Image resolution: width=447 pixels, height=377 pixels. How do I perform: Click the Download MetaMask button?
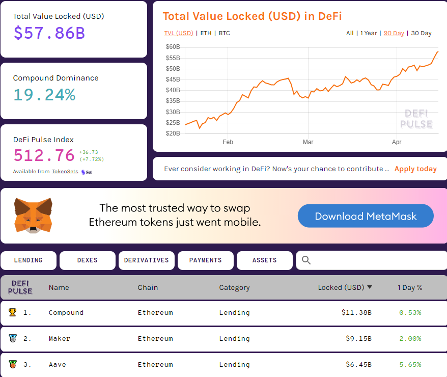tap(366, 216)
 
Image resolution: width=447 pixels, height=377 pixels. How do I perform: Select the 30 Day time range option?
tap(421, 33)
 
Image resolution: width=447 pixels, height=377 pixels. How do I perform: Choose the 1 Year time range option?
tap(369, 33)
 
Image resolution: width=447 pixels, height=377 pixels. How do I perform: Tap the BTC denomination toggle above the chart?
tap(224, 33)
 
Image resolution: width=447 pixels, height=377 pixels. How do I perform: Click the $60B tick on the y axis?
tap(173, 47)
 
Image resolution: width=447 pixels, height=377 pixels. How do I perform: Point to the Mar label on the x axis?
tap(308, 142)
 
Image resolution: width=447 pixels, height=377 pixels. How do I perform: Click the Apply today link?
tap(415, 169)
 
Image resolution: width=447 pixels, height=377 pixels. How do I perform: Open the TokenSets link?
tap(65, 172)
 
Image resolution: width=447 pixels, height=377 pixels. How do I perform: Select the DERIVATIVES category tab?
tap(146, 260)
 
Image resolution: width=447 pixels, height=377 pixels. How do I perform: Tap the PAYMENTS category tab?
tap(205, 260)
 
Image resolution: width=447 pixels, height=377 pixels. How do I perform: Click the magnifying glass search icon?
tap(306, 260)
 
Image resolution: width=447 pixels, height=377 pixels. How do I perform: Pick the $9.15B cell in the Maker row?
tap(356, 339)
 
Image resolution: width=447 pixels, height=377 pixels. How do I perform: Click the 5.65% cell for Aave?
tap(410, 365)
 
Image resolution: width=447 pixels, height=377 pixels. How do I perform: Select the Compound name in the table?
tap(66, 313)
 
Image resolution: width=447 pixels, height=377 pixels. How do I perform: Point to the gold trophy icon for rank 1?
tap(13, 312)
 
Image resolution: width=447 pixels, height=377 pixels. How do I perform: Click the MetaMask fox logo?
tap(33, 216)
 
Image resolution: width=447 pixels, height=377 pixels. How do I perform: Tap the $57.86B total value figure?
tap(49, 33)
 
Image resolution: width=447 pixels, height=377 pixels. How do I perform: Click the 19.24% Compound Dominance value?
tap(44, 95)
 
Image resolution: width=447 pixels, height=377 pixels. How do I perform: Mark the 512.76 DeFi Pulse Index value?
tap(44, 155)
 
